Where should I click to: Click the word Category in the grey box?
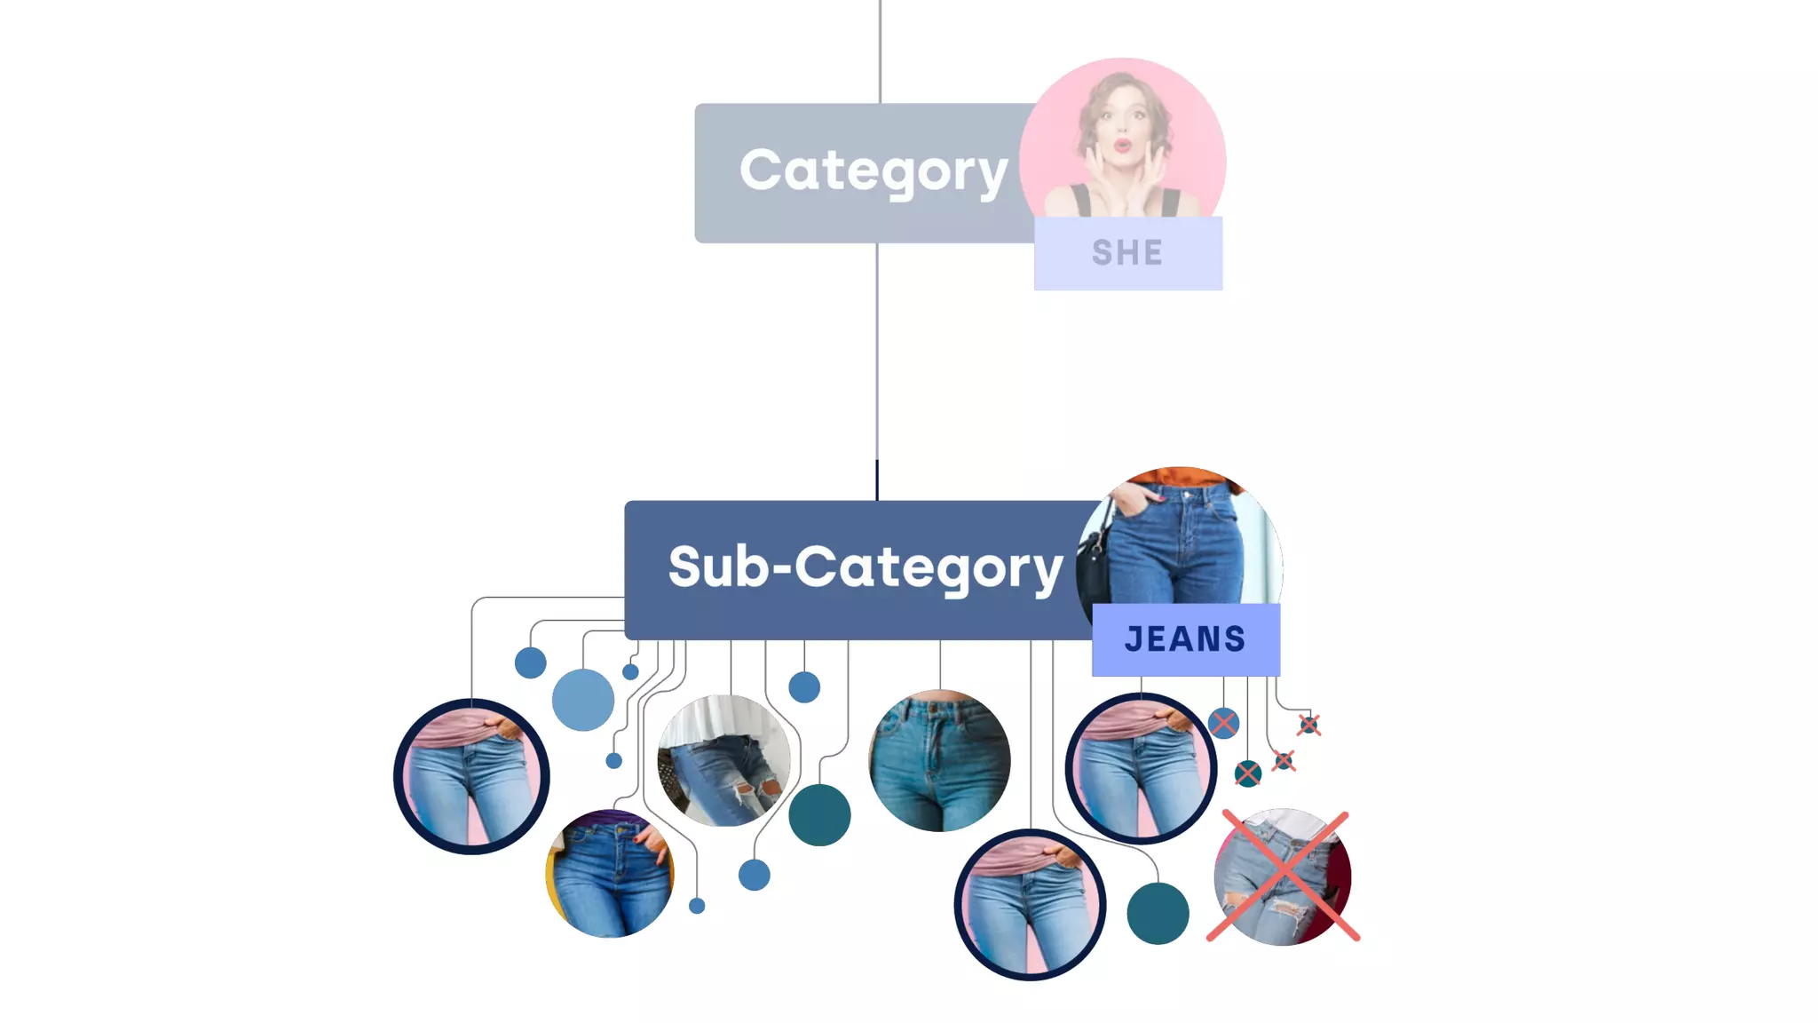[873, 170]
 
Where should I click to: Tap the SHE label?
[1127, 253]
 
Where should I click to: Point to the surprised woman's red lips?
[1122, 144]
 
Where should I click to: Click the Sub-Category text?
[866, 567]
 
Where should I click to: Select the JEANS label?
[1185, 639]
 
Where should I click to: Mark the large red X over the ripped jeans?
[1283, 876]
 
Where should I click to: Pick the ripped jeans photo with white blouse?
[724, 760]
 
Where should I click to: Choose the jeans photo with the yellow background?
[610, 874]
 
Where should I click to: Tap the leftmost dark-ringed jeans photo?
[471, 776]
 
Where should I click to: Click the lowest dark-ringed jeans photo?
[1030, 904]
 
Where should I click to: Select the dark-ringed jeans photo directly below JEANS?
[1141, 768]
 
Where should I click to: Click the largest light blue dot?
[582, 700]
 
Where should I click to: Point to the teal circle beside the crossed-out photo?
[1158, 913]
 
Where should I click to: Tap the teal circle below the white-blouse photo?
[819, 814]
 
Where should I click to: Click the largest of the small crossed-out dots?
[1223, 723]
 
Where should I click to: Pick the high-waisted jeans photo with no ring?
[939, 760]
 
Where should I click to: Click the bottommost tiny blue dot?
[697, 906]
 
